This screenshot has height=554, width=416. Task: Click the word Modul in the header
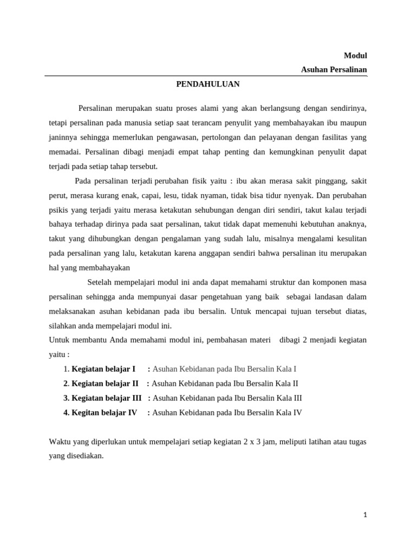[x=355, y=56]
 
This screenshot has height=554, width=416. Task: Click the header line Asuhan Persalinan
[x=334, y=70]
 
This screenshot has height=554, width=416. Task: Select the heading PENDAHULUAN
[x=208, y=84]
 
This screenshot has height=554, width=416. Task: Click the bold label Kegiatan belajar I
[x=103, y=369]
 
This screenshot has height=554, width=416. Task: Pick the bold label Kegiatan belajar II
[x=105, y=384]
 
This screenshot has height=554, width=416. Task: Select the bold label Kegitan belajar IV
[x=104, y=413]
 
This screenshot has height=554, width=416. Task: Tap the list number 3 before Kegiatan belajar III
[x=66, y=398]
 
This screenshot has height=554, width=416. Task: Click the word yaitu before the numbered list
[x=58, y=354]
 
